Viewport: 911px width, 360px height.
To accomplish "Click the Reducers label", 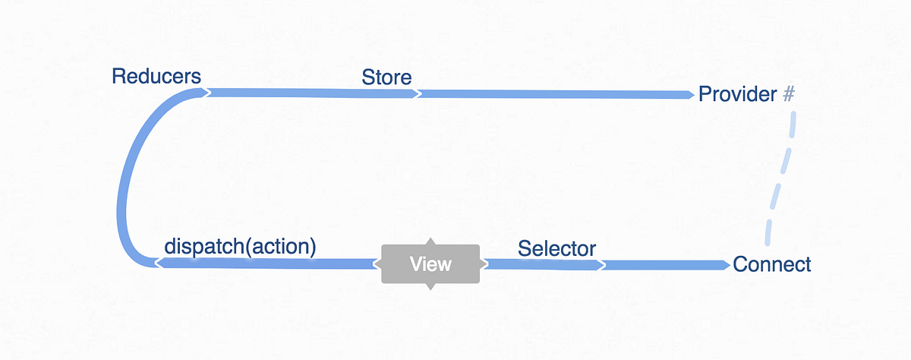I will (156, 76).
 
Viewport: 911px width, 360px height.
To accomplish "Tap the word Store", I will (386, 77).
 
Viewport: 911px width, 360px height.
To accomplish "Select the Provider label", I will (737, 94).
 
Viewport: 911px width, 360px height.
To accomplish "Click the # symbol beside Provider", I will (788, 94).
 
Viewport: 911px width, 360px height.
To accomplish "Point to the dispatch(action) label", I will (240, 247).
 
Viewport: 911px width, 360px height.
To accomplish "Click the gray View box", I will (430, 264).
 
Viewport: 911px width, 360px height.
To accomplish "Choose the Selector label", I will (556, 248).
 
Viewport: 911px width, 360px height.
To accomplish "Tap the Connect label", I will (771, 264).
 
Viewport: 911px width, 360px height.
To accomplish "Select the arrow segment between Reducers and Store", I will (311, 93).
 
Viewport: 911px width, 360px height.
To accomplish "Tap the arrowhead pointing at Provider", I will (689, 95).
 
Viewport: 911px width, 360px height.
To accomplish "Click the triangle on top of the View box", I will (430, 242).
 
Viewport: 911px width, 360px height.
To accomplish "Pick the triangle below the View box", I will (430, 286).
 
